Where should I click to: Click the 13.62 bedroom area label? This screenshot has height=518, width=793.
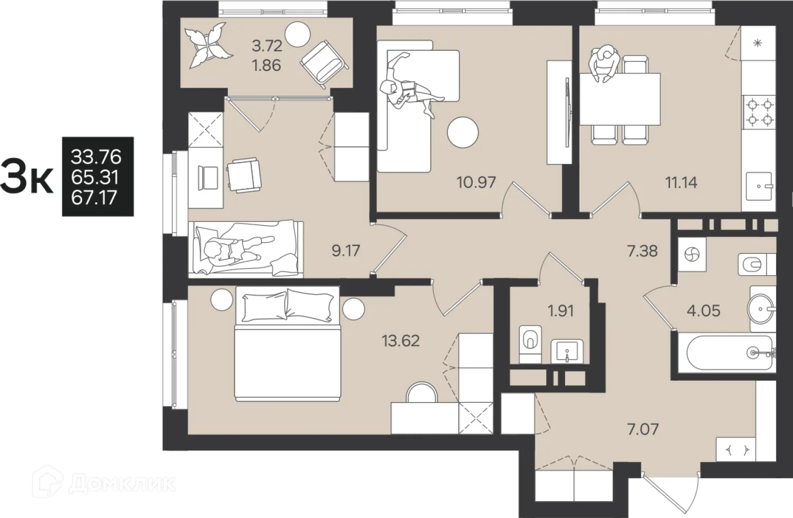tap(401, 340)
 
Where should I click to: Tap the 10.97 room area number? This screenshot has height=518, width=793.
tap(476, 183)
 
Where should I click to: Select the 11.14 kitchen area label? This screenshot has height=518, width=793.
tap(681, 183)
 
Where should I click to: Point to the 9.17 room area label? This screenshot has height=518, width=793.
tap(346, 251)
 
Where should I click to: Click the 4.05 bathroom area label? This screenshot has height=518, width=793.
tap(704, 311)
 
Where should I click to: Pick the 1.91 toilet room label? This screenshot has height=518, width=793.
tap(560, 311)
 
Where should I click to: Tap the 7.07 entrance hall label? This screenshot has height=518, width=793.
tap(643, 430)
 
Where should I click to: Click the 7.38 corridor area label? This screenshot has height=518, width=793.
tap(642, 251)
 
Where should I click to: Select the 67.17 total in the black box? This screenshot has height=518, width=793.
tap(94, 198)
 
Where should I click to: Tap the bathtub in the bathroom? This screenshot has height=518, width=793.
tap(729, 353)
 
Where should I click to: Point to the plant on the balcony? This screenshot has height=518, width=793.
tap(209, 45)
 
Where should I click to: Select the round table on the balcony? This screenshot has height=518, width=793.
tap(297, 34)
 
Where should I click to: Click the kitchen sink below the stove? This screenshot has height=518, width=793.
tap(759, 186)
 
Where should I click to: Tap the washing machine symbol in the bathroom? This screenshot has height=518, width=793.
tap(691, 254)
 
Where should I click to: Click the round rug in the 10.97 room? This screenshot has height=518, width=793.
tap(463, 133)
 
